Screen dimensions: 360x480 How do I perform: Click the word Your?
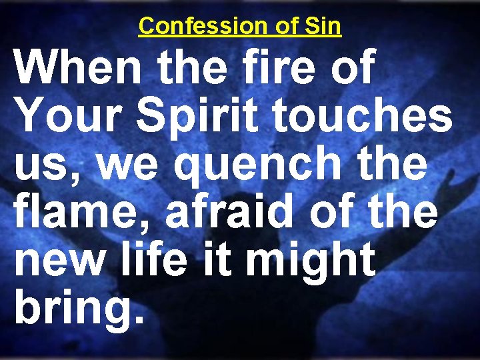[63, 117]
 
